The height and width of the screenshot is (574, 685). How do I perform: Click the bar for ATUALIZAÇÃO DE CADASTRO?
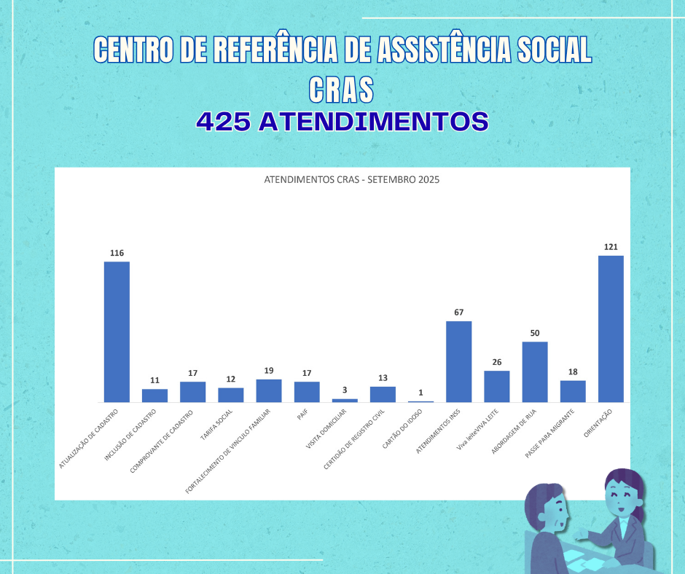point(117,331)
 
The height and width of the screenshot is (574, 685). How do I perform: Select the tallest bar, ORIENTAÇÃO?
point(611,329)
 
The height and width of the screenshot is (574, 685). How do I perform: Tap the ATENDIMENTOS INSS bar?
point(459,361)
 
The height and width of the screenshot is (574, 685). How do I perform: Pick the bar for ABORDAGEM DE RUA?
point(535,371)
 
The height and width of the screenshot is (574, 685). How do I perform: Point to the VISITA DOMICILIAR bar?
point(345,400)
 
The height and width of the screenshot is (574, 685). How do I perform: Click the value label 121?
point(611,247)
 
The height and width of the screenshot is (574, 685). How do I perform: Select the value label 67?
point(459,312)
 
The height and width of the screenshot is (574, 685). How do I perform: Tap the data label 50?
point(535,333)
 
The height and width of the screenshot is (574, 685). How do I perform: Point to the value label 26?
point(497,362)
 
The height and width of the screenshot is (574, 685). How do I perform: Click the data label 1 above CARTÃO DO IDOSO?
point(420,393)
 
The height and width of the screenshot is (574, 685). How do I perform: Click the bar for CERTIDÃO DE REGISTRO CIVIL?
point(383,394)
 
